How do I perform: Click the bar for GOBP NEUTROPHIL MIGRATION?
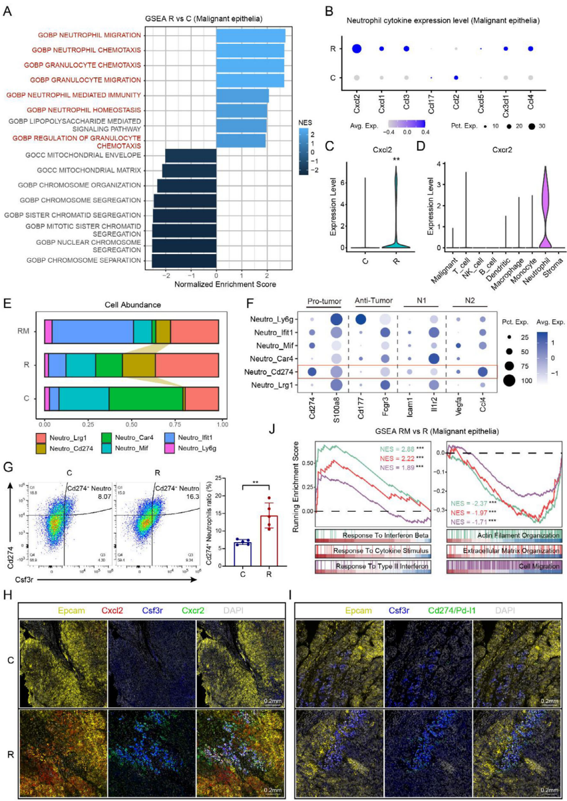(x=250, y=35)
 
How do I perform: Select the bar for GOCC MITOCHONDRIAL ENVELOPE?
(x=190, y=155)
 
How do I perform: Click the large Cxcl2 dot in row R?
(x=357, y=49)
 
